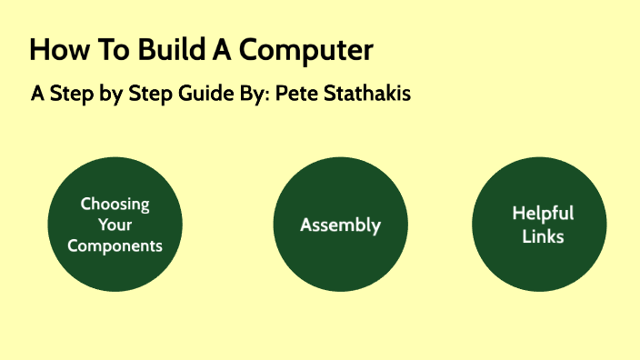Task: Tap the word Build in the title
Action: (164, 50)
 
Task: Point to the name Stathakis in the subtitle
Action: (365, 94)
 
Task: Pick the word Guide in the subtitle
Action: (205, 94)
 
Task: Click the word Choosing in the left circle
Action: (115, 204)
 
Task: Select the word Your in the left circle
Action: (115, 225)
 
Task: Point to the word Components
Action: (115, 245)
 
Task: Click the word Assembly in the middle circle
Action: (340, 225)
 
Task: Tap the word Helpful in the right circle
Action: (542, 214)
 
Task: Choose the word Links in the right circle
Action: (542, 236)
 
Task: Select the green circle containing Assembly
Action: (340, 264)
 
